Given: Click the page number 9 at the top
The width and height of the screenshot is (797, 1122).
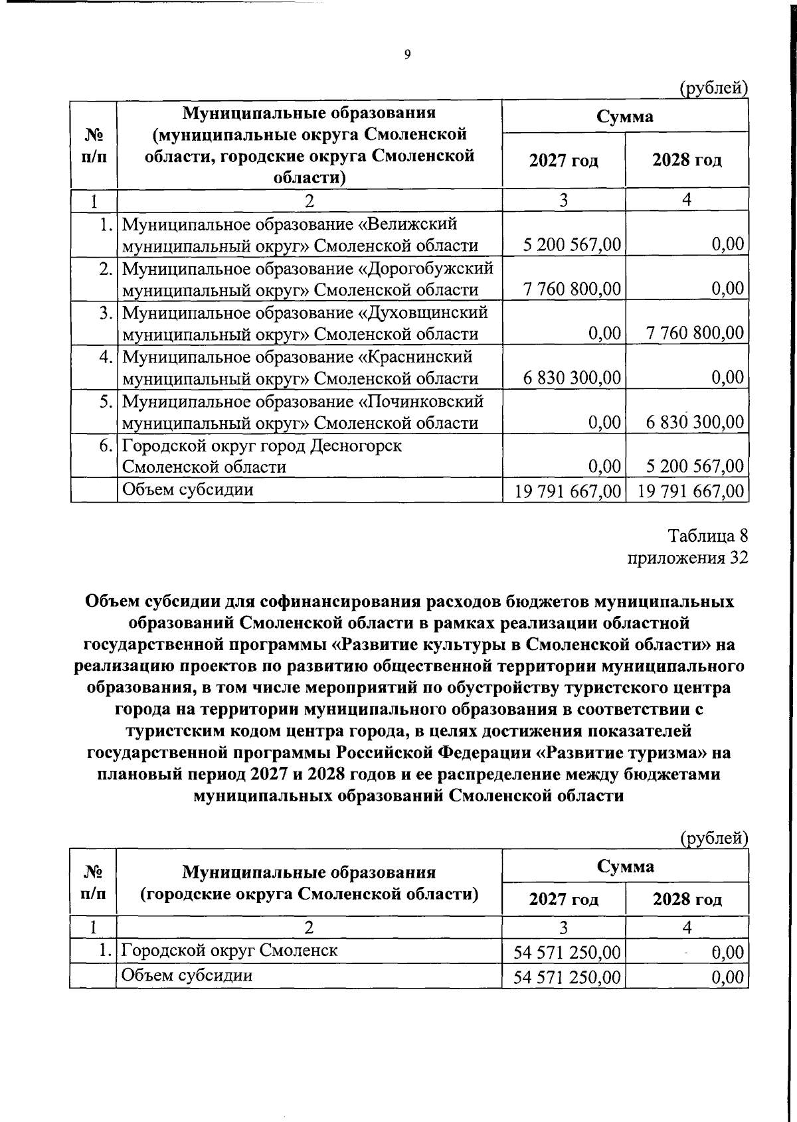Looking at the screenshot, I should (x=407, y=54).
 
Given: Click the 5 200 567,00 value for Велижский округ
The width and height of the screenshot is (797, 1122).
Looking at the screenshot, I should (x=572, y=245).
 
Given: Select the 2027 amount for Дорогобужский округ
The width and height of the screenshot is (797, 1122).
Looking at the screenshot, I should (x=572, y=289).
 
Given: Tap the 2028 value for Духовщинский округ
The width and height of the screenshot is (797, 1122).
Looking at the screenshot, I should (x=695, y=333).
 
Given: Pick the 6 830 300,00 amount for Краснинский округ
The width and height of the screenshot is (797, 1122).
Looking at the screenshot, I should (x=572, y=378).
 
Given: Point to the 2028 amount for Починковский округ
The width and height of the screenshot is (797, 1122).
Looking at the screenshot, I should (x=695, y=422).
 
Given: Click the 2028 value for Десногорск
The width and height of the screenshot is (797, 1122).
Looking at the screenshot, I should (x=695, y=467).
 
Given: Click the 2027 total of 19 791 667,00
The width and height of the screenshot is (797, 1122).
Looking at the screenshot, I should (x=569, y=491).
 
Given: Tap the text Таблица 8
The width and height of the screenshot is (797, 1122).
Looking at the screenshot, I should (x=707, y=536).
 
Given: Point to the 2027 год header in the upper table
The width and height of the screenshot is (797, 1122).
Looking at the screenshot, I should (x=563, y=161).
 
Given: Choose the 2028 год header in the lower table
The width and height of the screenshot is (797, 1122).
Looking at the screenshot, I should (x=687, y=900).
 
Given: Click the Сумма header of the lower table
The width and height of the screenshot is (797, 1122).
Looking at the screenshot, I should (x=625, y=866).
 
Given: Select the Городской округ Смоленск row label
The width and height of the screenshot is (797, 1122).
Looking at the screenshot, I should (x=229, y=951).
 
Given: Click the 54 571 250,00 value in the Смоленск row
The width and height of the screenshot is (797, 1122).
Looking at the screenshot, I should (x=567, y=953).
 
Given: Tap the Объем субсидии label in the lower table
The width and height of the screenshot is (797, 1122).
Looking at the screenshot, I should (x=187, y=975).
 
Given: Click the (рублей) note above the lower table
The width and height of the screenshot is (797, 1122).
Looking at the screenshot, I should (x=714, y=839).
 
